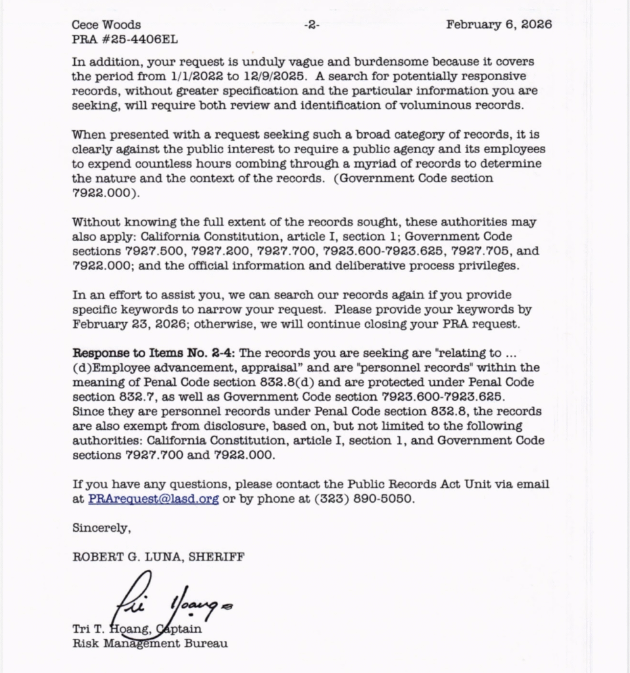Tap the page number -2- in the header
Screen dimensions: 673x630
[311, 25]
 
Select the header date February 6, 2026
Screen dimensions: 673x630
[499, 25]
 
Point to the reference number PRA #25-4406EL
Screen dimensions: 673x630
[124, 39]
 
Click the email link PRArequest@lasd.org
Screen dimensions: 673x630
[153, 499]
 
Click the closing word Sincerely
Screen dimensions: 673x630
[101, 528]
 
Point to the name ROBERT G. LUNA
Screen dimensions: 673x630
[127, 557]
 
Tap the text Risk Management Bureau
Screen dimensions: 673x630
[150, 643]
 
